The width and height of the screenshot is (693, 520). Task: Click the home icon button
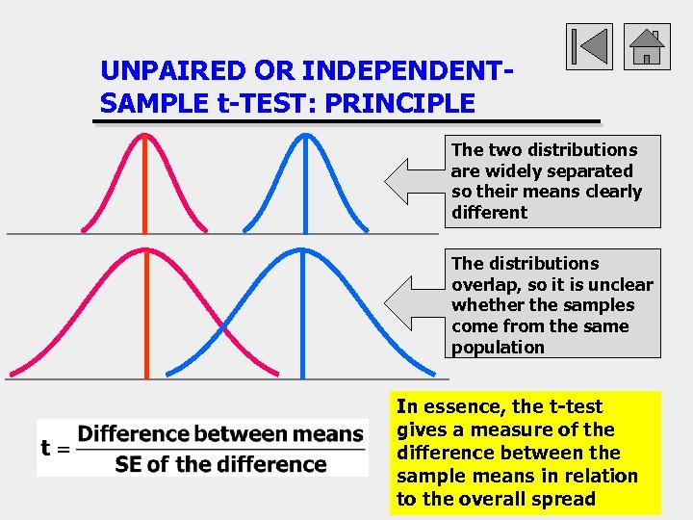point(647,46)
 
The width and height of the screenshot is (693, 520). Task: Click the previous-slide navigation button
point(588,46)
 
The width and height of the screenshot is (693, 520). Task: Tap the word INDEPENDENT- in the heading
point(402,71)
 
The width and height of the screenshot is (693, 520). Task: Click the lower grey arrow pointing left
point(414,304)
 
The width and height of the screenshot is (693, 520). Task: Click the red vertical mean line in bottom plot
point(145,318)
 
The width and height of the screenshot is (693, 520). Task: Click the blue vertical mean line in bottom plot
point(303,318)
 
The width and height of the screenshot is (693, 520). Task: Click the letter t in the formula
point(45,449)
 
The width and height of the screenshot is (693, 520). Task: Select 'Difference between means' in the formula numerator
point(220,434)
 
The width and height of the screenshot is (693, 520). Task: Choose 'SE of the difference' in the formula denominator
point(220,464)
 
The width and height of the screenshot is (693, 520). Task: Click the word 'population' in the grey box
point(498,348)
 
